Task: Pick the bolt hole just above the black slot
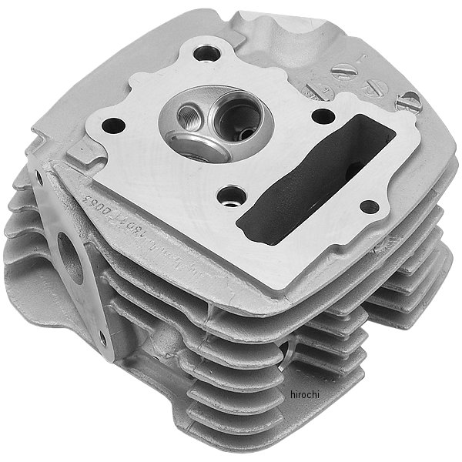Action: coord(323,116)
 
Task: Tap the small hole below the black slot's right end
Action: coord(369,206)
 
